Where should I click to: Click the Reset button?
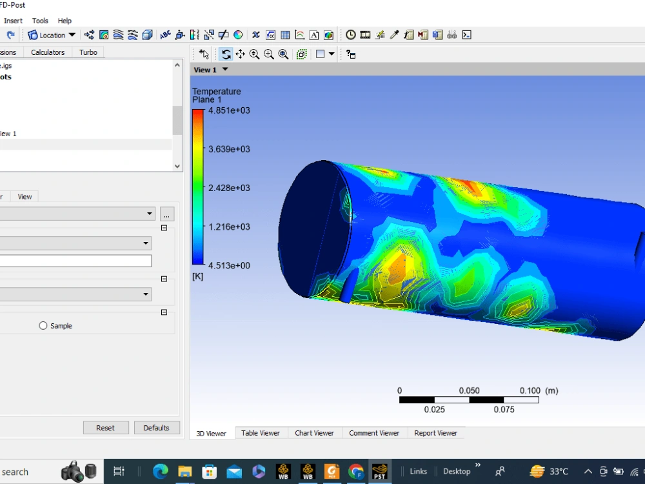click(105, 428)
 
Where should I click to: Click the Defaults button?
click(156, 428)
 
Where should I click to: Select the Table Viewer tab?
click(261, 433)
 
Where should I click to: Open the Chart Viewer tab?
click(314, 433)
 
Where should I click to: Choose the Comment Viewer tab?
click(374, 433)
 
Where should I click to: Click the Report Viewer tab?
click(435, 433)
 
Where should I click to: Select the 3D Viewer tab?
click(211, 434)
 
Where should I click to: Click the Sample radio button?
click(43, 326)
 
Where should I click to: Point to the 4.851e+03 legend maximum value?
click(229, 110)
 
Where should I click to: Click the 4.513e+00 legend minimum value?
click(229, 265)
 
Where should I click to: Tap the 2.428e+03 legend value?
click(229, 188)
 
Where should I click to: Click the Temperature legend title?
click(216, 92)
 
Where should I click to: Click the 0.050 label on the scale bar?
click(469, 390)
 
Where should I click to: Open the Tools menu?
click(40, 21)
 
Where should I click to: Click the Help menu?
click(64, 21)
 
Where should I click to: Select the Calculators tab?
click(48, 52)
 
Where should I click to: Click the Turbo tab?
click(88, 52)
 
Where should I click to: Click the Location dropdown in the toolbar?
click(52, 35)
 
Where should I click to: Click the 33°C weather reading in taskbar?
click(559, 471)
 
